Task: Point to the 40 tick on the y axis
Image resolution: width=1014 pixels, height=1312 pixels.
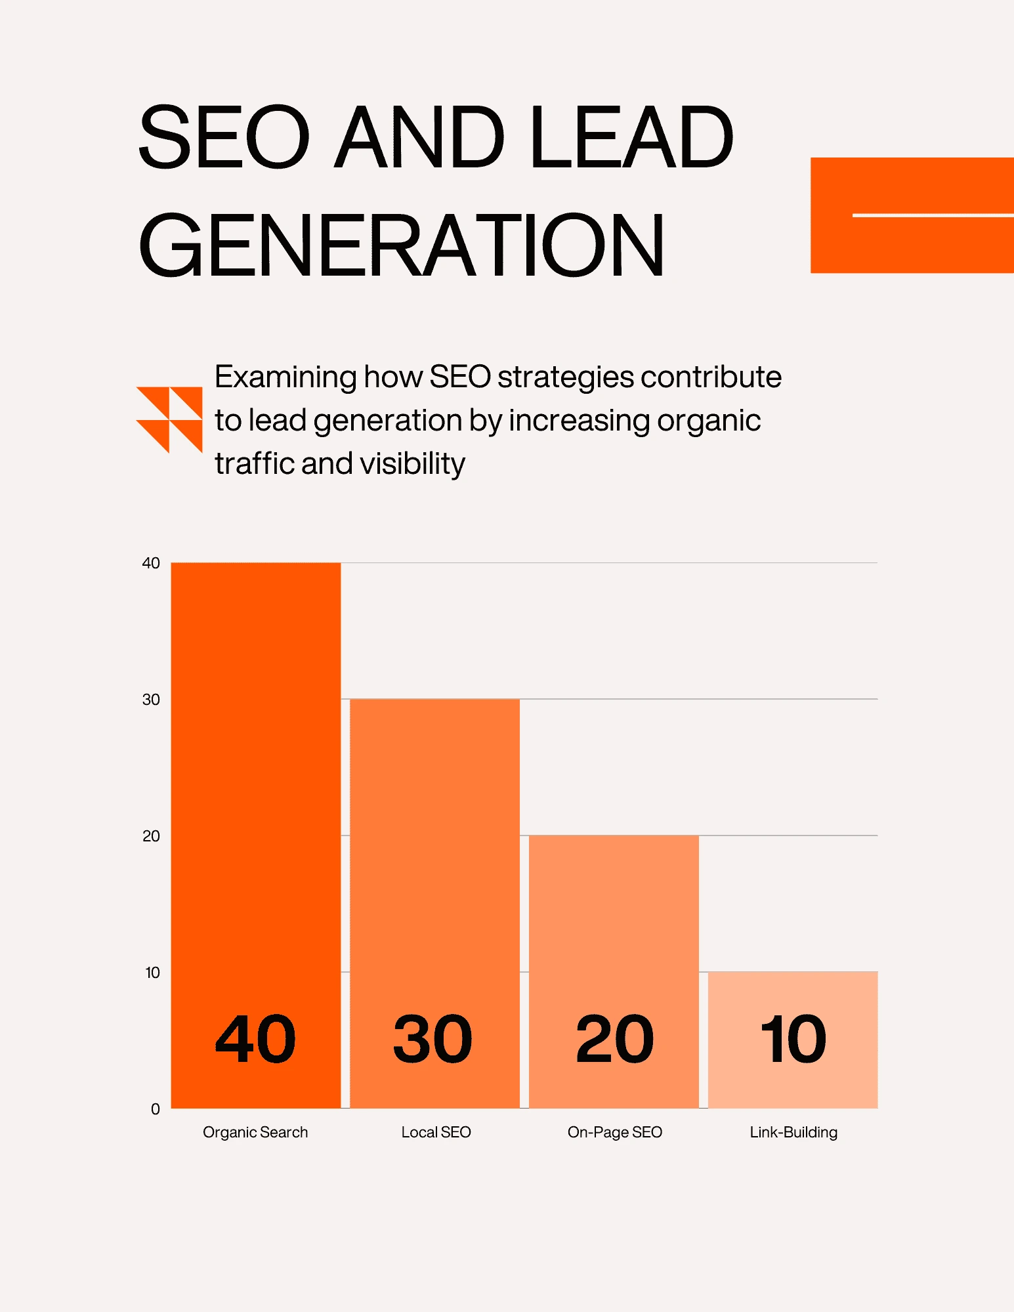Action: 151,563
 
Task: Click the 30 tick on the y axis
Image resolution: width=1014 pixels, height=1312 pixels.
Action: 151,700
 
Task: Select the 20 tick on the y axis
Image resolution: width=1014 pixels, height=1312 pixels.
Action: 151,836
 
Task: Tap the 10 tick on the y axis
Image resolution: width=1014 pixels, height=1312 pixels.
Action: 152,973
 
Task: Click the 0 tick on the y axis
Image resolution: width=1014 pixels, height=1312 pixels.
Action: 156,1109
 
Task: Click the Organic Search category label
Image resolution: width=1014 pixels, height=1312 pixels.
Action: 255,1132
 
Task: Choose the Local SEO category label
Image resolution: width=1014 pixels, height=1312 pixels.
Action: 436,1132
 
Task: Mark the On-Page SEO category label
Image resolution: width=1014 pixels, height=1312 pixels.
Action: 614,1132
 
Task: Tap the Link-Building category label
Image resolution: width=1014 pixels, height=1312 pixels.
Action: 793,1132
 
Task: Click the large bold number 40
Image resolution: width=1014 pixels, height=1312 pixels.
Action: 255,1039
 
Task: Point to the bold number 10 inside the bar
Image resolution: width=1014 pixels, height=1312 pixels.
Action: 793,1039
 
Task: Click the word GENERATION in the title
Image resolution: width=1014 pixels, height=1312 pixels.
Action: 402,245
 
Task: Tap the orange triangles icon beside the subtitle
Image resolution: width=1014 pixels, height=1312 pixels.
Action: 169,419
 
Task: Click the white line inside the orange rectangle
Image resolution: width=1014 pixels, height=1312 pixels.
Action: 932,215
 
